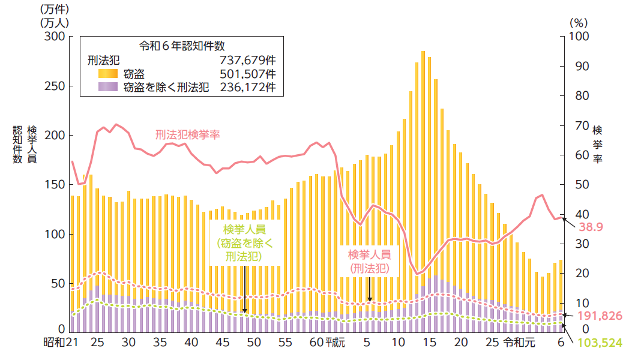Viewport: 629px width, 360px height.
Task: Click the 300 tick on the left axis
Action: pos(55,37)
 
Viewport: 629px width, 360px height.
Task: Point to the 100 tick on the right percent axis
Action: pos(582,37)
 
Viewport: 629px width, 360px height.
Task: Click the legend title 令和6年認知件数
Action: pos(182,46)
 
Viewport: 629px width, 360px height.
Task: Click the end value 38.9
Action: pos(591,227)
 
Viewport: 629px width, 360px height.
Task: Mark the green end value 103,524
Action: pos(599,343)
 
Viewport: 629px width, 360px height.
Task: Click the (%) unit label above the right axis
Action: pos(577,21)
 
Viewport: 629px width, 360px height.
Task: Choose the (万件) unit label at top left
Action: pos(55,10)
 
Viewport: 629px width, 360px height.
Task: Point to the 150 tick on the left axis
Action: pos(55,184)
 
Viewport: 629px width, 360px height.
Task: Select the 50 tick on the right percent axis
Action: pos(579,184)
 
